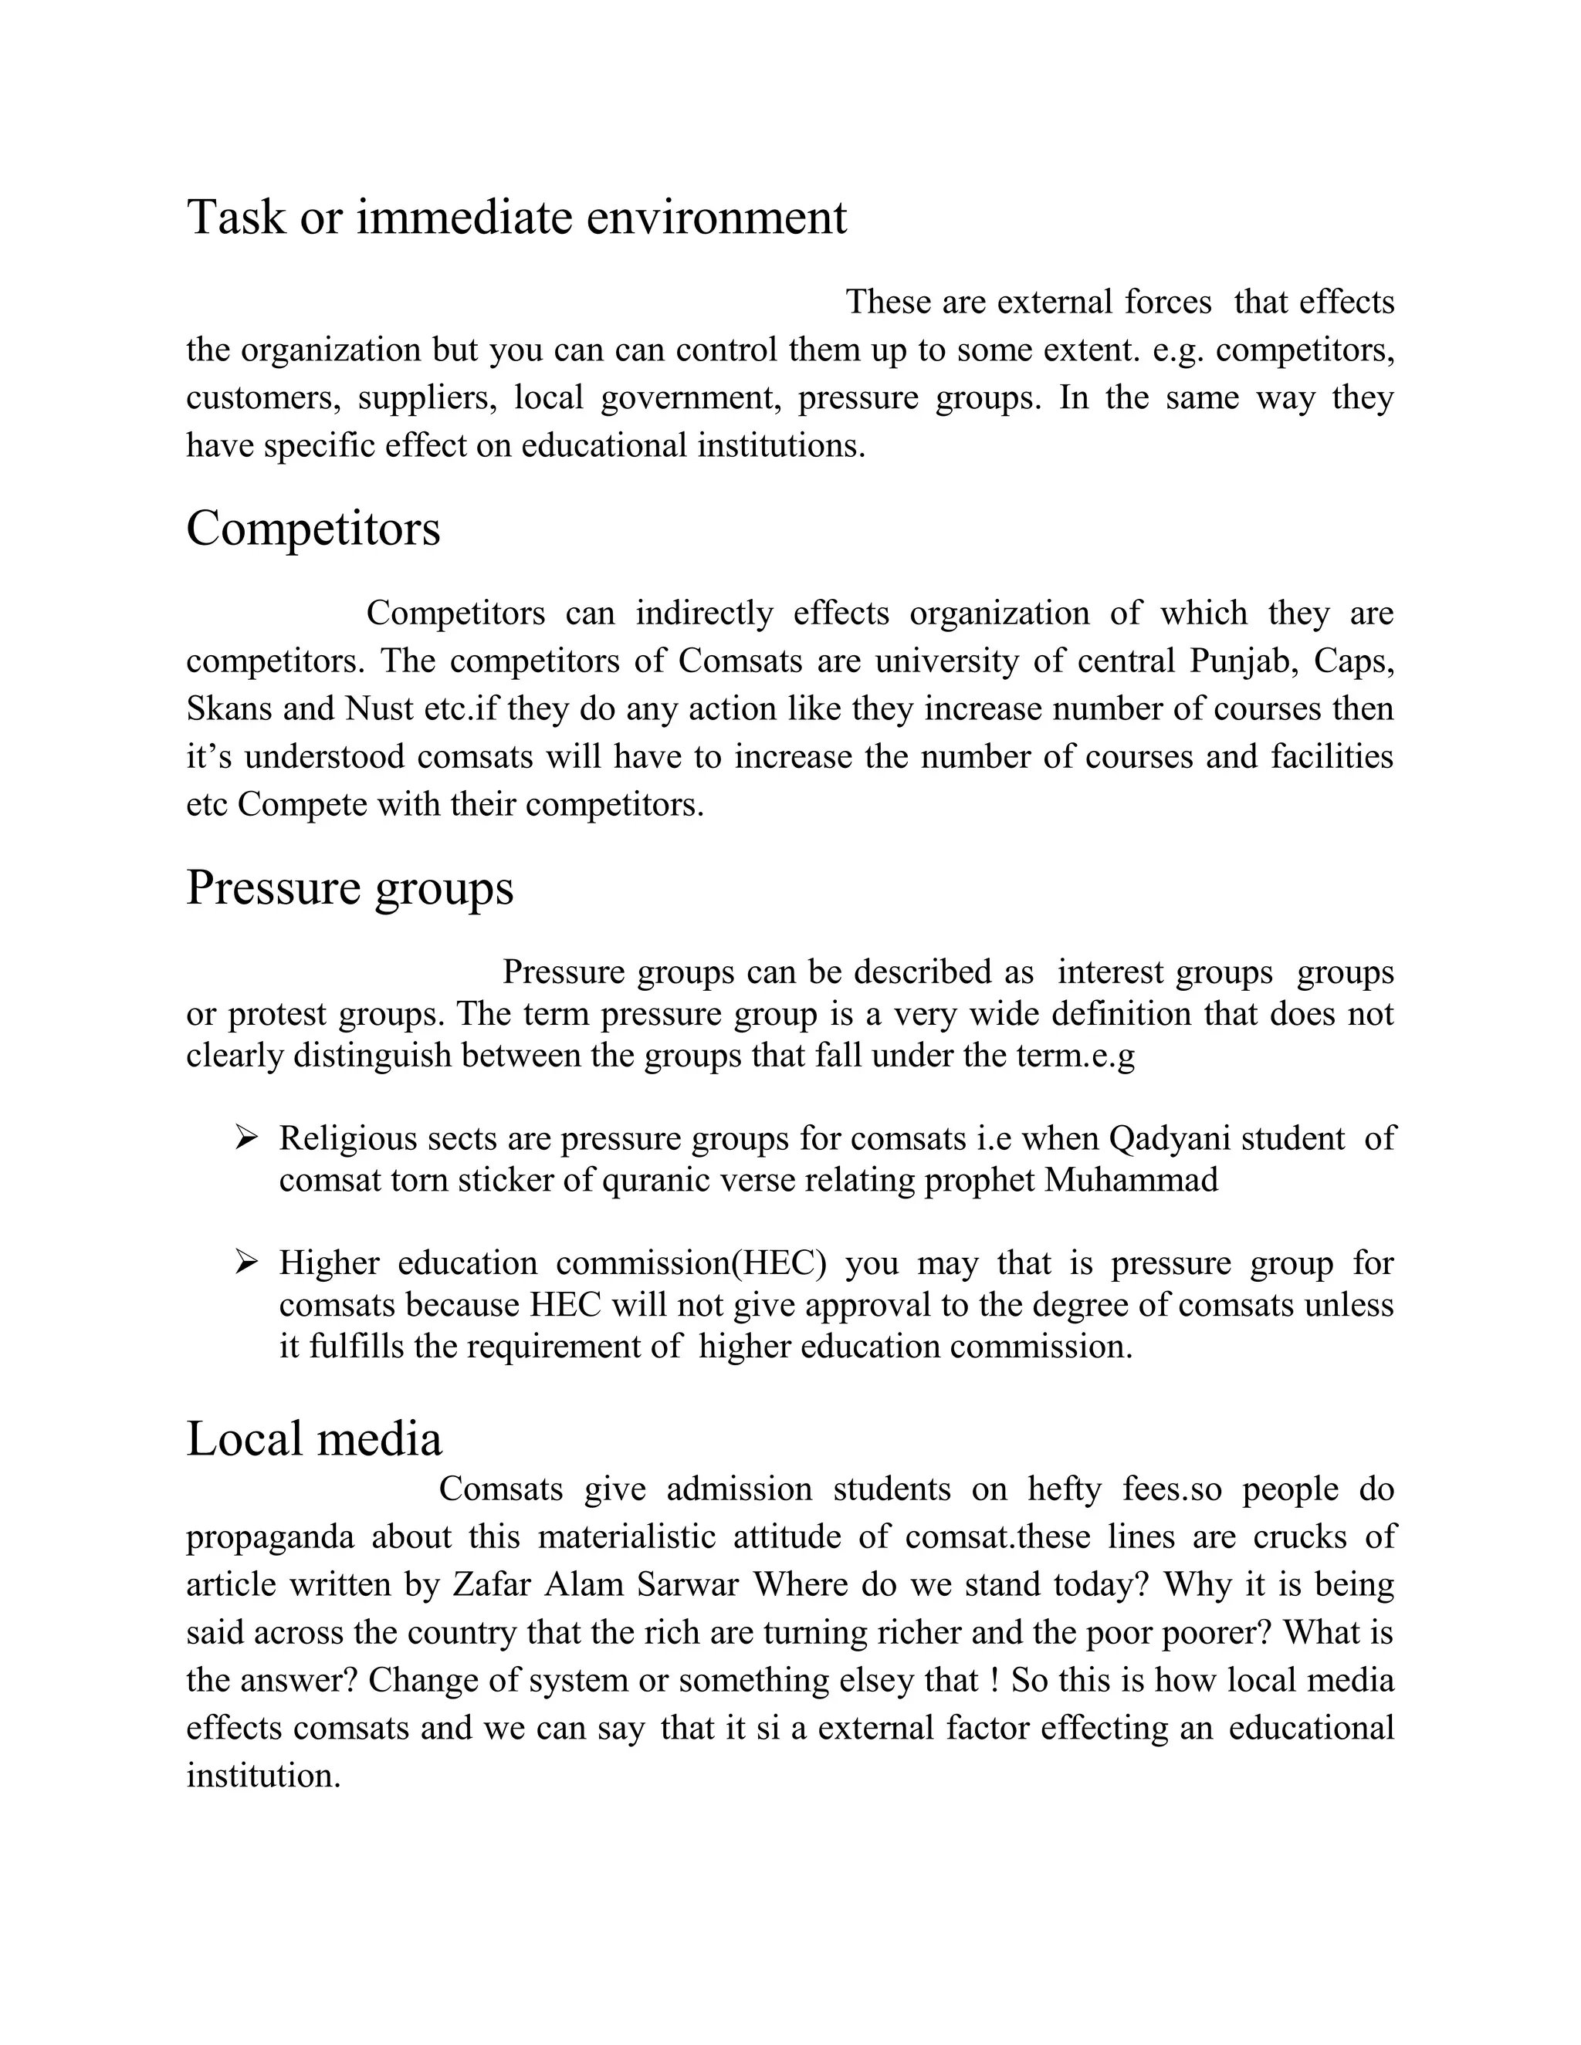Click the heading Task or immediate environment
click(x=516, y=218)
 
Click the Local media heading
click(x=313, y=1438)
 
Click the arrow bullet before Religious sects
click(x=246, y=1137)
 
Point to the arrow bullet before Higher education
click(x=246, y=1262)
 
